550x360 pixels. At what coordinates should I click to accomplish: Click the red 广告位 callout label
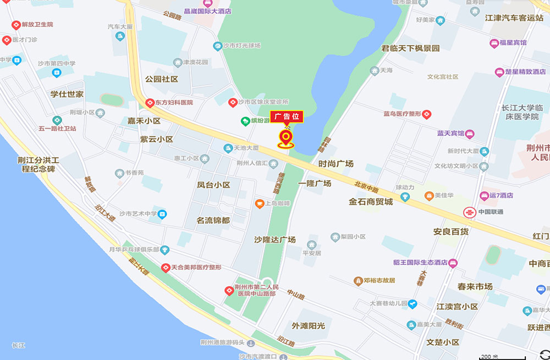click(286, 117)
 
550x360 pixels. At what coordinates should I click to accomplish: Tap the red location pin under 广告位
click(286, 137)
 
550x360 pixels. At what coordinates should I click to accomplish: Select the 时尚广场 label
click(335, 164)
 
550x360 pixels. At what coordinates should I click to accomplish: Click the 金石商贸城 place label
click(371, 202)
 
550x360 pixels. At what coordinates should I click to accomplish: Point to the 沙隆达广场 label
click(275, 240)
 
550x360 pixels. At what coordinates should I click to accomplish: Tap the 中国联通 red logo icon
click(469, 212)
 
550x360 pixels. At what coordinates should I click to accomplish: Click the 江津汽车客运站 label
click(514, 18)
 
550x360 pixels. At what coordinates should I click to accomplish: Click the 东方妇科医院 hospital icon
click(150, 103)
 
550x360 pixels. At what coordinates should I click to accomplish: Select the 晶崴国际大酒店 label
click(207, 11)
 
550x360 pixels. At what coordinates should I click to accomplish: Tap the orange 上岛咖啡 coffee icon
click(259, 203)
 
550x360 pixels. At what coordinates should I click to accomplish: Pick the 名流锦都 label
click(213, 220)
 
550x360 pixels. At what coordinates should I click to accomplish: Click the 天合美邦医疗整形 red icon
click(165, 268)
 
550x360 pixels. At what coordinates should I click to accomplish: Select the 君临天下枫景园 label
click(410, 48)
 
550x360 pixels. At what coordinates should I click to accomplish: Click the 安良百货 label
click(451, 232)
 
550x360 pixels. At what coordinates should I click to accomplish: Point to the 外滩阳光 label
click(309, 326)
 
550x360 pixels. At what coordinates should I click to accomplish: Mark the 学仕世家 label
click(67, 95)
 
